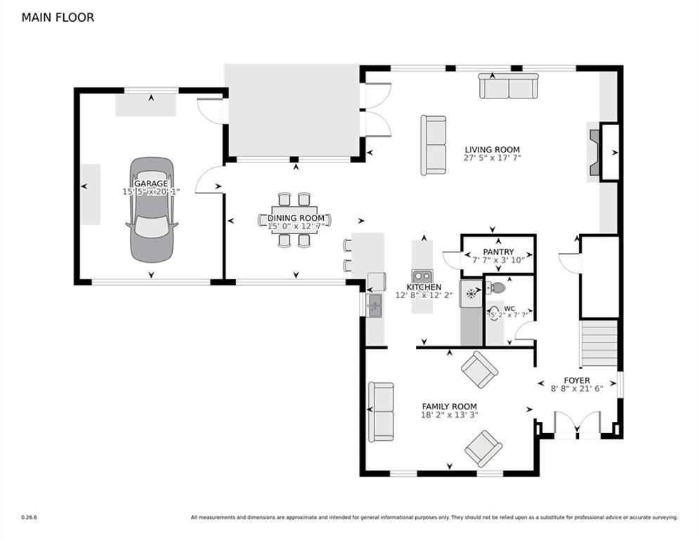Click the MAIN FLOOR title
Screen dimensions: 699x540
coord(58,18)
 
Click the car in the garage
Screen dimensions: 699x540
coord(152,210)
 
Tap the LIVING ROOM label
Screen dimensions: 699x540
coord(492,150)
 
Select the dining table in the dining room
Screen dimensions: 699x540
coord(294,220)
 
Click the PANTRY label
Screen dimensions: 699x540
coord(498,252)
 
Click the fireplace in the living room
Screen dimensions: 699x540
coord(596,153)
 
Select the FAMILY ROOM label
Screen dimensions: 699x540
coord(450,406)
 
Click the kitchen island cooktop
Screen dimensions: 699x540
coord(422,276)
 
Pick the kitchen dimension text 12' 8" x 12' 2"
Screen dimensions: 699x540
coord(424,295)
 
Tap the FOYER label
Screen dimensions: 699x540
coord(577,380)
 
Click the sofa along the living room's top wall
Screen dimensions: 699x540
coord(509,86)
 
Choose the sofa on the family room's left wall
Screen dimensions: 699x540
coord(381,411)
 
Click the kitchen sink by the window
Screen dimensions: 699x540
coord(374,305)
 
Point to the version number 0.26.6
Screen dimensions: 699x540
coord(29,517)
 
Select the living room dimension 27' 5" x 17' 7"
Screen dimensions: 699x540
coord(492,158)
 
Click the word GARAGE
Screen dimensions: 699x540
coord(151,184)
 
